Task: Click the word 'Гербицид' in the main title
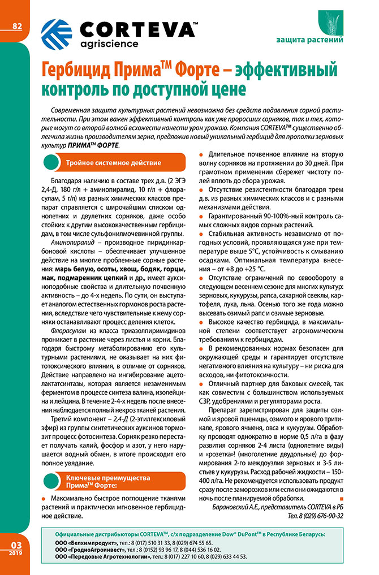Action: coord(74,71)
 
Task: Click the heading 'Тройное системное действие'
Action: coord(113,163)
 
